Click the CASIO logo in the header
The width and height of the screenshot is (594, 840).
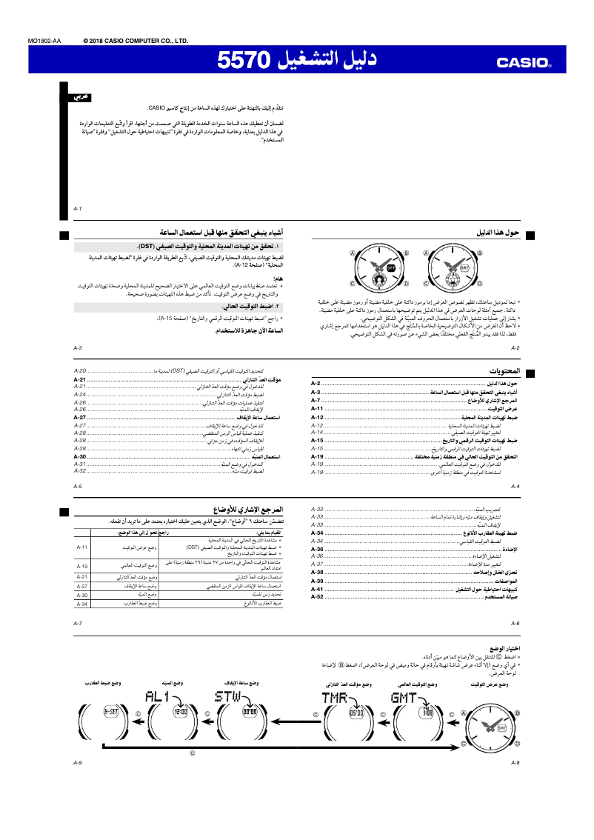click(x=524, y=63)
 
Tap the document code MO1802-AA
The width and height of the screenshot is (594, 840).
click(x=44, y=41)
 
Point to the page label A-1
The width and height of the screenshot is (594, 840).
click(x=78, y=208)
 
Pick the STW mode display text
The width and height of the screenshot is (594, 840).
click(x=228, y=697)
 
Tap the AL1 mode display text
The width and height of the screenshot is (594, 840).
click(x=158, y=697)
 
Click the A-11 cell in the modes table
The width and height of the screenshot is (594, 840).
click(x=82, y=547)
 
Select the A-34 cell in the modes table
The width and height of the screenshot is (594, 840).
click(x=82, y=604)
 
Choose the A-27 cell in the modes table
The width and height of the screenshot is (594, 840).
click(x=82, y=586)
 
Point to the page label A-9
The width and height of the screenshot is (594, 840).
click(x=78, y=762)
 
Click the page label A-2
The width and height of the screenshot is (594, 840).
click(x=515, y=347)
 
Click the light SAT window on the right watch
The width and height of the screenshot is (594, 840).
click(x=464, y=267)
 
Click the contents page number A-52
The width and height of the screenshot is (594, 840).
click(x=317, y=596)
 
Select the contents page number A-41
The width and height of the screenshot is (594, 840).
click(x=317, y=589)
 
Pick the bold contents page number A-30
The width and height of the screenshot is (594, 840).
click(x=80, y=457)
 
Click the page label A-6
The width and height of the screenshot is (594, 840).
click(x=515, y=624)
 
